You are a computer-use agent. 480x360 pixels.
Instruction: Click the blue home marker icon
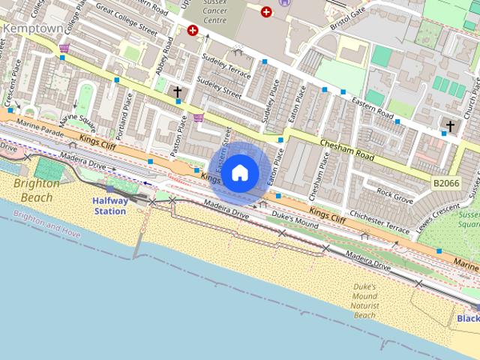[240, 173]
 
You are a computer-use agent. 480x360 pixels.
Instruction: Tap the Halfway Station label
[110, 205]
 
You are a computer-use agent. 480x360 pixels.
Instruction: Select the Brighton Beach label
[36, 190]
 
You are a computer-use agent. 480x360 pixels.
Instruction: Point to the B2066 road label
[446, 182]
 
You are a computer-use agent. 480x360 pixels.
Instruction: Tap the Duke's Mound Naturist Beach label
[365, 300]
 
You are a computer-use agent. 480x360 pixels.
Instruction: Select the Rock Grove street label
[394, 196]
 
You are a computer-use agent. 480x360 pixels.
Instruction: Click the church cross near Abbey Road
[178, 92]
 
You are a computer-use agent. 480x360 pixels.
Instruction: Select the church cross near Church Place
[450, 126]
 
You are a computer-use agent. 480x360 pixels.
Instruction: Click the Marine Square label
[77, 119]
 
